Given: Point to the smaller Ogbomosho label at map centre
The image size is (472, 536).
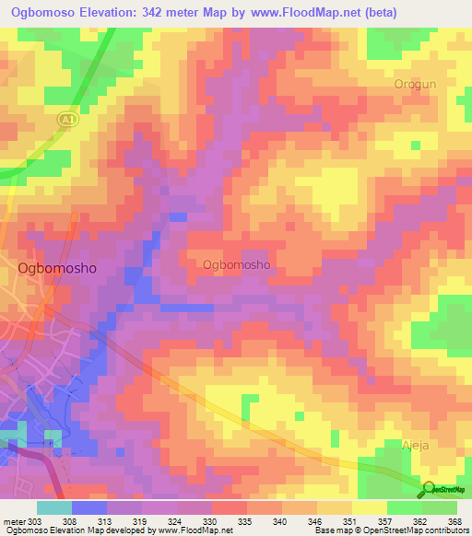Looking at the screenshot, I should tap(235, 264).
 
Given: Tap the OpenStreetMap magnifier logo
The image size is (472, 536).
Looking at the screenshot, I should tap(428, 491).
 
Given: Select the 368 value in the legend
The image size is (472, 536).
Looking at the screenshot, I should tap(454, 521).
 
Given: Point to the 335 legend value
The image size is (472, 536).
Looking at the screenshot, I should tap(245, 521).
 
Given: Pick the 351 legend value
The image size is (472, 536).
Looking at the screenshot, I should tap(349, 521).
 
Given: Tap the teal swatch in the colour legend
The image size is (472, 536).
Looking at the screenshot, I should tap(53, 507).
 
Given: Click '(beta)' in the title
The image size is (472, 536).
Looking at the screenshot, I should tap(438, 14).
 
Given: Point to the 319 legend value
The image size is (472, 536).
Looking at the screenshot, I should tap(141, 521).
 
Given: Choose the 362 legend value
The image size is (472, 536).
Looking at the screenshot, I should tap(419, 521).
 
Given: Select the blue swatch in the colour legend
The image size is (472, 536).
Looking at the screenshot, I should tap(88, 507).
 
